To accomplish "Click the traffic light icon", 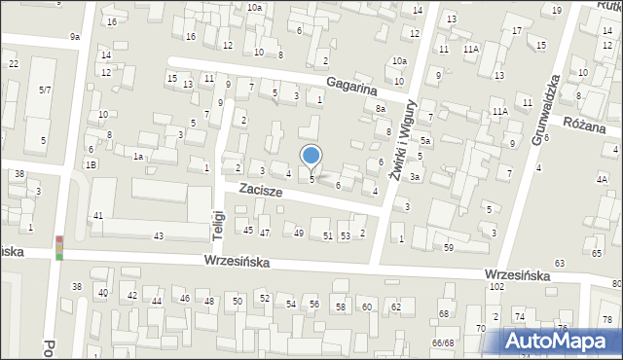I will [x=58, y=248].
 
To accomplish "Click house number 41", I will [x=97, y=215].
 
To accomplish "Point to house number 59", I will [x=449, y=248].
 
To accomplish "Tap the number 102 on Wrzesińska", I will [x=495, y=287].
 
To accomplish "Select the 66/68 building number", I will [x=443, y=342].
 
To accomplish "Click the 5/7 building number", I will [x=45, y=90].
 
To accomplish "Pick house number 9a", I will [x=75, y=37].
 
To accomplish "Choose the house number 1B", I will [x=91, y=165].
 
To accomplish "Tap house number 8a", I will [x=381, y=110].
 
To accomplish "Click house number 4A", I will [x=602, y=180].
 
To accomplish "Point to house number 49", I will [x=298, y=234].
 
